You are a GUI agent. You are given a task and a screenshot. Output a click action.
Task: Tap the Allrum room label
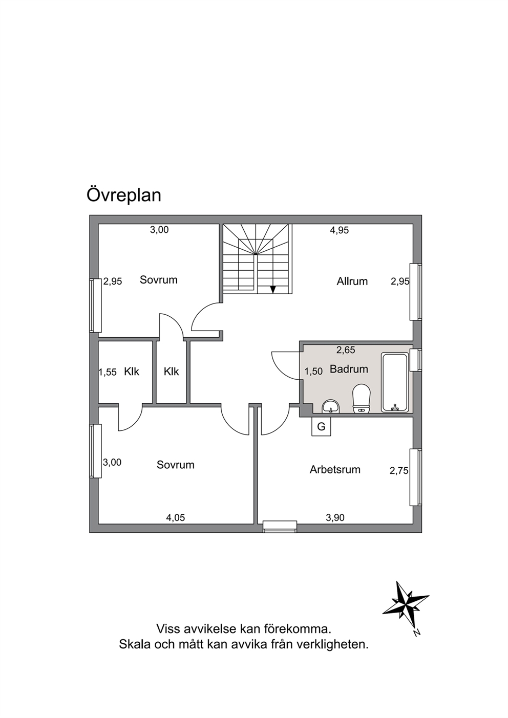tap(352, 281)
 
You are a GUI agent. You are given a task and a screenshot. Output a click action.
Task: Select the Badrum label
tap(349, 369)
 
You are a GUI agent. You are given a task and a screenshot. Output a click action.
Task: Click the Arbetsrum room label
tap(335, 470)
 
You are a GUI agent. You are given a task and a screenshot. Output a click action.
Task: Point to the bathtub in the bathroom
tap(395, 382)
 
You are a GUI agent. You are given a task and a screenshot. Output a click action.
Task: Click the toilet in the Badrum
tap(362, 399)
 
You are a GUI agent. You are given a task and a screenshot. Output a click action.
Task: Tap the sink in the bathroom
tap(330, 406)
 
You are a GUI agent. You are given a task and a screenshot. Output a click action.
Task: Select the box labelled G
tap(321, 427)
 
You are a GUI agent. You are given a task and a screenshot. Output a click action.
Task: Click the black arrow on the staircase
tap(273, 289)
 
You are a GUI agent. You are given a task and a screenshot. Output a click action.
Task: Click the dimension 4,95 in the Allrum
tap(340, 230)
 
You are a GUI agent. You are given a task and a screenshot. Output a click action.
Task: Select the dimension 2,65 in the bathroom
tap(346, 350)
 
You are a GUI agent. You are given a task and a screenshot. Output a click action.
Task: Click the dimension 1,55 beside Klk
tap(108, 372)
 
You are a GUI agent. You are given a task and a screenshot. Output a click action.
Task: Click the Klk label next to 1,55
tap(132, 372)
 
